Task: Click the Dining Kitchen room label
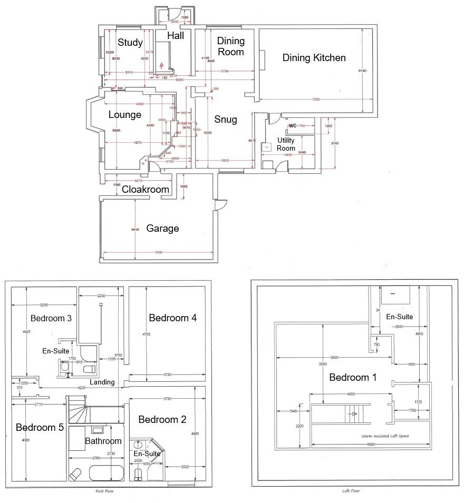coord(314,58)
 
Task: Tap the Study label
coord(130,43)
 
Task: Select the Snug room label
coord(226,120)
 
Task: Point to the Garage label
coord(162,229)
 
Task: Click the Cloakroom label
coord(146,190)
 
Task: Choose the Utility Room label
coord(286,144)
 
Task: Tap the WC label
coord(293,126)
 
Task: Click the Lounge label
coord(125,115)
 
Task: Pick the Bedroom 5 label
coord(40,427)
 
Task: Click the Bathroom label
coord(103,441)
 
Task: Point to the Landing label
coord(102,382)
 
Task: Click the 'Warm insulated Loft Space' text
coord(385,436)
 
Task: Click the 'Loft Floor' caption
coord(351,490)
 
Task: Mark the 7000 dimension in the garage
coord(158,253)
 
